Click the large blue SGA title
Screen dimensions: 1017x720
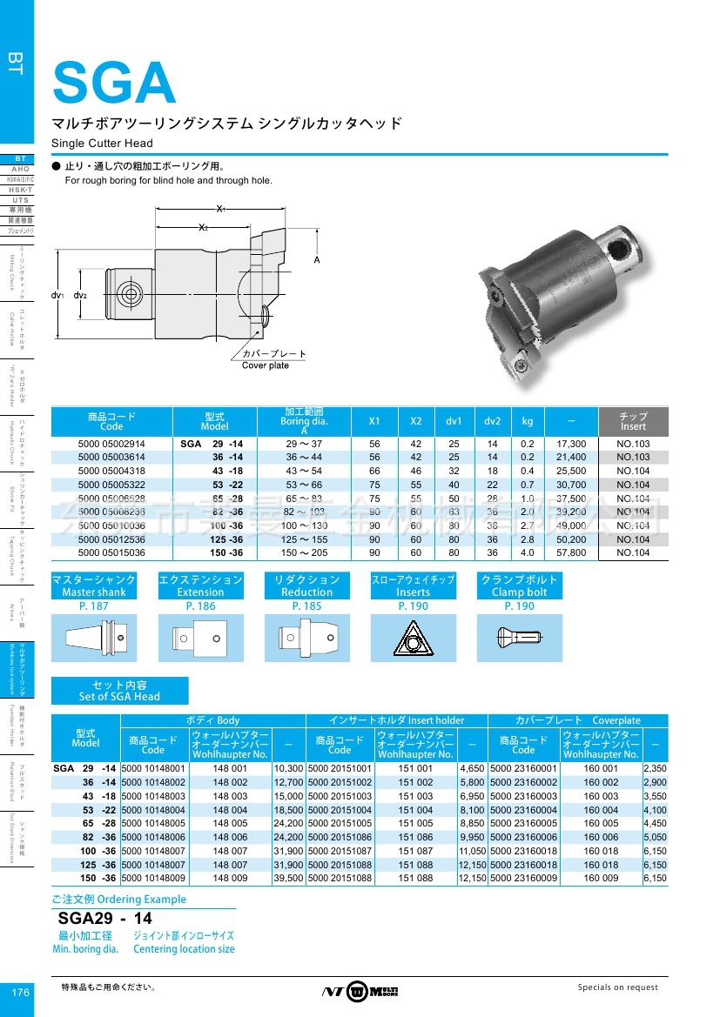click(x=114, y=83)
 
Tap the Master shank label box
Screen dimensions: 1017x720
click(x=94, y=585)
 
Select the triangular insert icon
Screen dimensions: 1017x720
click(x=413, y=639)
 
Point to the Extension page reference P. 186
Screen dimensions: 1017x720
click(x=200, y=606)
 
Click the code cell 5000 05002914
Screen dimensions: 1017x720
click(x=111, y=444)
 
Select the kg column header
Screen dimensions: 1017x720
click(x=528, y=421)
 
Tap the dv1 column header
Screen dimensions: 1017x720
click(x=454, y=421)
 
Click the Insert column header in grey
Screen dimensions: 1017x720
click(x=633, y=422)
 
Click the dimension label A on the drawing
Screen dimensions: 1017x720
click(x=317, y=260)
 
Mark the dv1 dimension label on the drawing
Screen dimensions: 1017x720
click(x=58, y=296)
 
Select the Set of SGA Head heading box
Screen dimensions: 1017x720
click(x=119, y=691)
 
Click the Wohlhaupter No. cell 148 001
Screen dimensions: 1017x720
click(x=230, y=769)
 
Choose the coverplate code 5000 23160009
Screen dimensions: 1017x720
click(x=523, y=879)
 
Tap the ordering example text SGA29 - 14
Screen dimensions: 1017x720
click(x=104, y=918)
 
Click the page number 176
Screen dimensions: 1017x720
click(x=21, y=993)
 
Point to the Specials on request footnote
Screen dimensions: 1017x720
click(x=618, y=987)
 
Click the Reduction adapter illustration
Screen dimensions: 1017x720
click(x=306, y=639)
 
